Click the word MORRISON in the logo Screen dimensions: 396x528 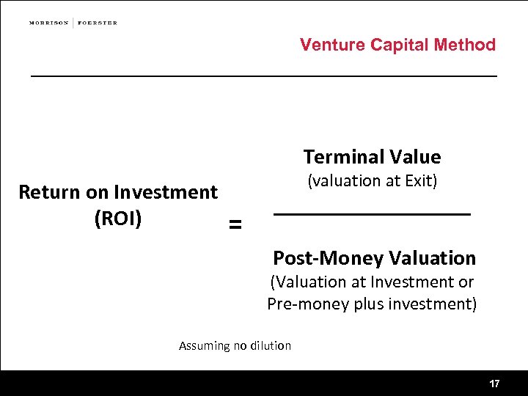(48, 23)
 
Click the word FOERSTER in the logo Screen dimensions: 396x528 (98, 23)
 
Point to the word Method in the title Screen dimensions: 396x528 (465, 45)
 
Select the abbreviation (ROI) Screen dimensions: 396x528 (118, 219)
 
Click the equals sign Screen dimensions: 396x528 (235, 225)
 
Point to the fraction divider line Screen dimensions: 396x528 (372, 214)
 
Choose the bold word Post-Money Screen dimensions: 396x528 (328, 258)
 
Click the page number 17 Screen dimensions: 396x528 (494, 384)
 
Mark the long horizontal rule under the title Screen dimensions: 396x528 (263, 76)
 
